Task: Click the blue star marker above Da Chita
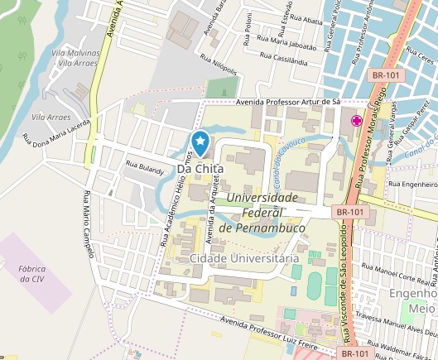[x=200, y=142]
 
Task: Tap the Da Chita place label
[x=200, y=169]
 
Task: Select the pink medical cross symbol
[x=357, y=121]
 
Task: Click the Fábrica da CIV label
[x=31, y=273]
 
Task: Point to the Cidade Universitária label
[x=243, y=259]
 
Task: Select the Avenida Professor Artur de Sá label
[x=288, y=101]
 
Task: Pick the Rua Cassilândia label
[x=283, y=60]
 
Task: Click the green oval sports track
[x=315, y=286]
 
